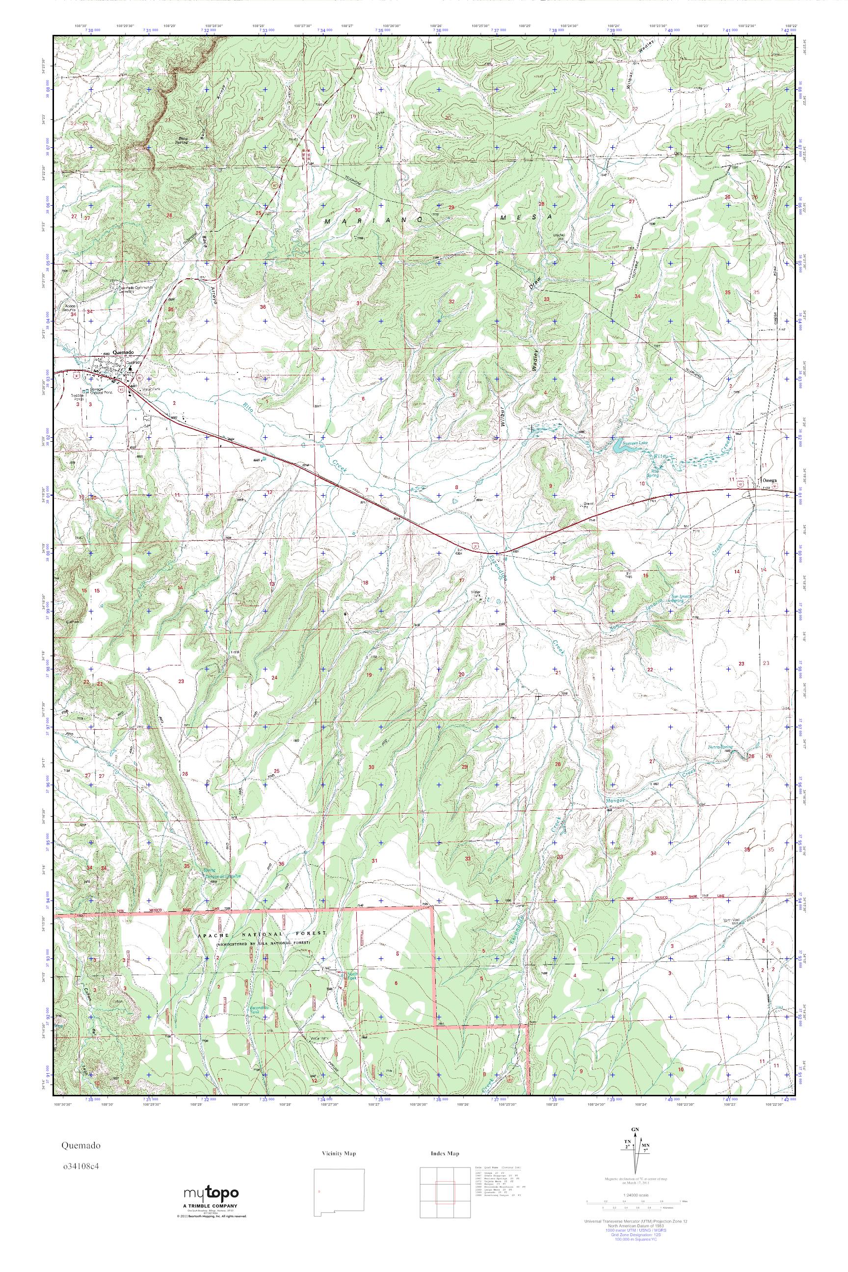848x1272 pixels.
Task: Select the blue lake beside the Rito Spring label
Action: [619, 447]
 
